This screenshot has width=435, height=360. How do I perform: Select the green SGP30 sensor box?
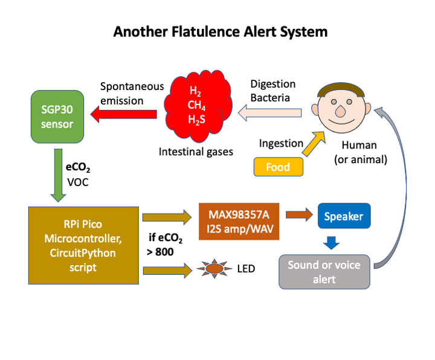(x=58, y=116)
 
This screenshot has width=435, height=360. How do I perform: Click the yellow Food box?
(x=279, y=167)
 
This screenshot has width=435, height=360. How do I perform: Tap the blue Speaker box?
(x=344, y=216)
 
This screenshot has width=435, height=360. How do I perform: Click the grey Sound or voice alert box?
(x=324, y=271)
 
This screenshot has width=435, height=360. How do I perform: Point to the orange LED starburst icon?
(x=214, y=267)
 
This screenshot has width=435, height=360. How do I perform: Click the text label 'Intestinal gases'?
(x=196, y=152)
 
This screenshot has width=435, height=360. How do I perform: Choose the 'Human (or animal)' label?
(x=359, y=152)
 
